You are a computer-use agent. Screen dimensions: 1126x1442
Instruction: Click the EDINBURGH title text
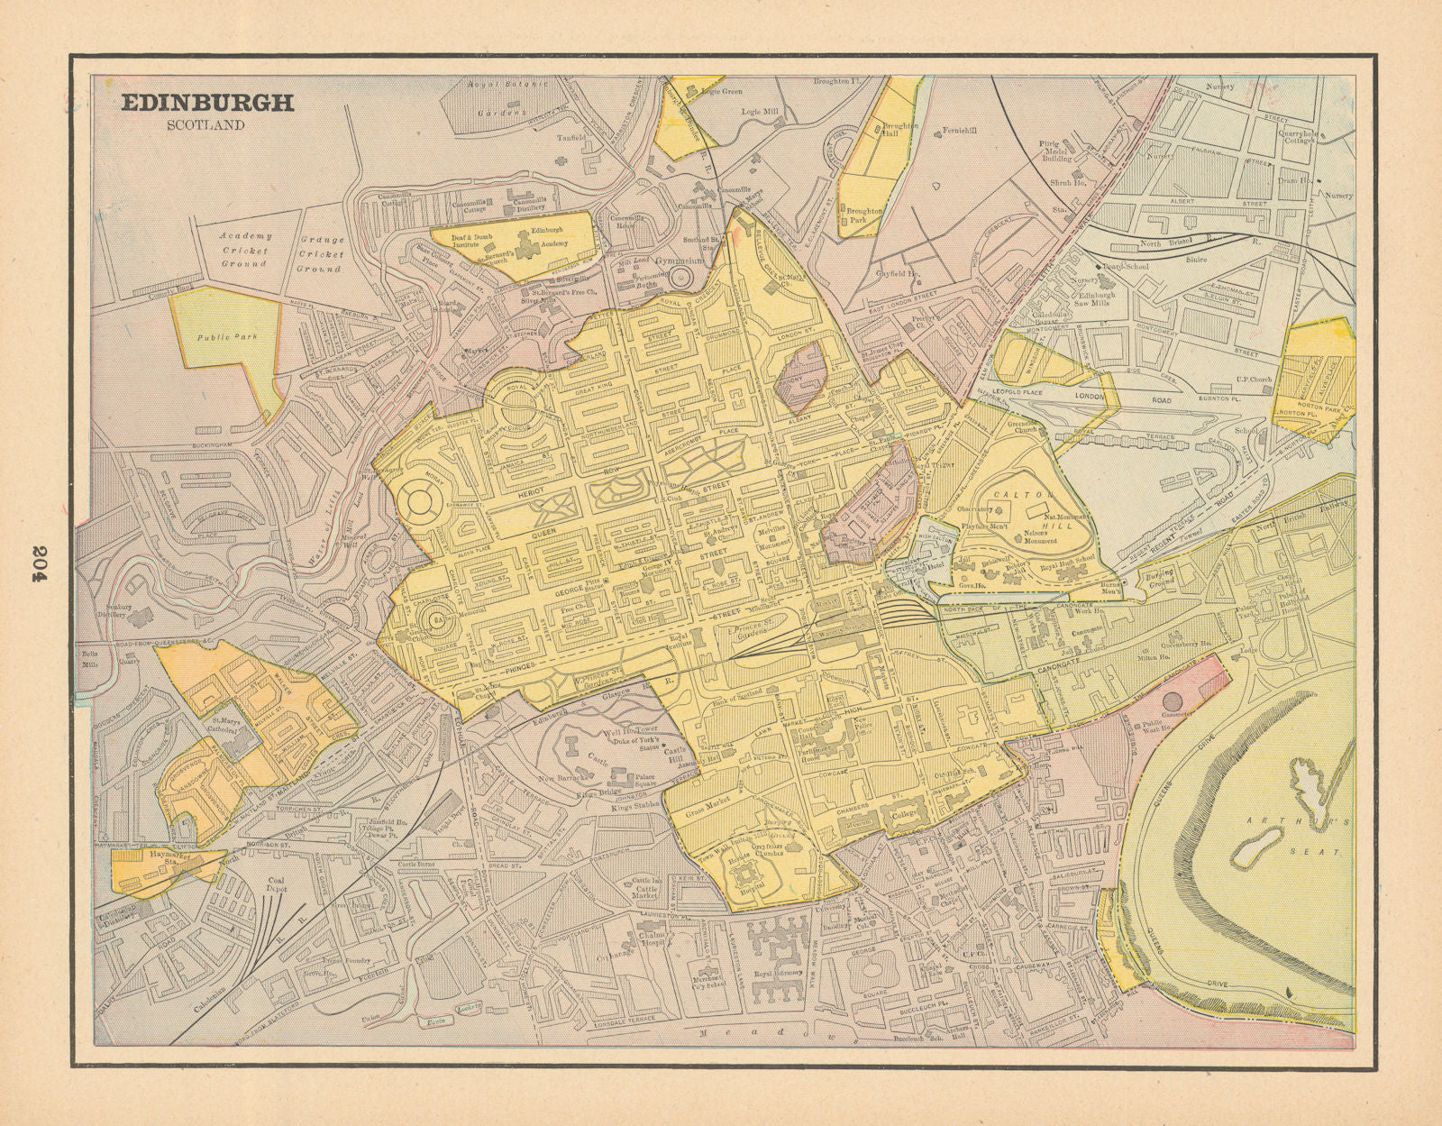pos(207,103)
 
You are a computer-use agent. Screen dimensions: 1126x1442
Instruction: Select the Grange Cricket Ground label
pos(321,254)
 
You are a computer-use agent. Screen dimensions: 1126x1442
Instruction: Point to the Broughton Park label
pos(862,215)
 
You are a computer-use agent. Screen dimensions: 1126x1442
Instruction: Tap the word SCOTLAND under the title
pos(205,125)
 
